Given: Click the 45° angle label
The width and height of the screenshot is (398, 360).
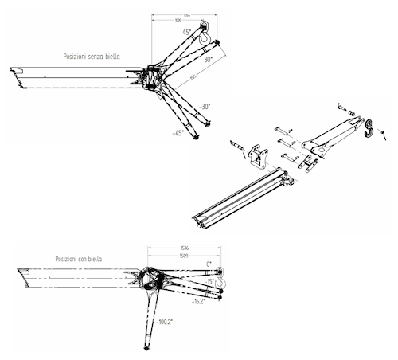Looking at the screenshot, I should (186, 33).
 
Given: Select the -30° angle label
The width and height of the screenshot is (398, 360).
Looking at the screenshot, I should (205, 107).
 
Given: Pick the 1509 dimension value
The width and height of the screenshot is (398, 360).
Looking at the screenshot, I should (184, 256).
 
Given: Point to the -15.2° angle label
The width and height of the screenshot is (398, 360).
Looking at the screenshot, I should (200, 303).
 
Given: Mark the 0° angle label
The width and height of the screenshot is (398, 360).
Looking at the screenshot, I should (209, 264).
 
